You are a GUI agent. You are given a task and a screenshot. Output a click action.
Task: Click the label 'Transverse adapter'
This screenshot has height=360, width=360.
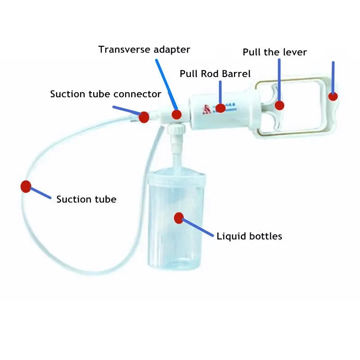(x=144, y=49)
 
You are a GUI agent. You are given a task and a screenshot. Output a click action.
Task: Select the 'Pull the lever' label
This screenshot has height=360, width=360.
(x=274, y=52)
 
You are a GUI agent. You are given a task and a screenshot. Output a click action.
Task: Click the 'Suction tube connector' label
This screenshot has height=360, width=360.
(x=105, y=94)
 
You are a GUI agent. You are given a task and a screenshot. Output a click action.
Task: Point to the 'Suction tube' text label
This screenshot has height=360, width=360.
(x=86, y=199)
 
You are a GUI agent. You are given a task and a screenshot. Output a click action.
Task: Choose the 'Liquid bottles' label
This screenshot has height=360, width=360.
(x=249, y=236)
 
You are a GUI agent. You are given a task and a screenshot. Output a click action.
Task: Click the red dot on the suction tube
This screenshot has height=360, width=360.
(x=26, y=186)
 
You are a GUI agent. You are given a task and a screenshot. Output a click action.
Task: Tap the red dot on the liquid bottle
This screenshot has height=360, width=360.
(x=179, y=218)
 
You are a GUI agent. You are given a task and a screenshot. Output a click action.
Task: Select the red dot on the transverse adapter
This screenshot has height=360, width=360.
(x=176, y=114)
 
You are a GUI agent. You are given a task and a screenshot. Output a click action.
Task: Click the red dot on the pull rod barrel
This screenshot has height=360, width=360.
(x=220, y=108)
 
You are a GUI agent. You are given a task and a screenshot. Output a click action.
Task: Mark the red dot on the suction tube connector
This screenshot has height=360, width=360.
(x=144, y=117)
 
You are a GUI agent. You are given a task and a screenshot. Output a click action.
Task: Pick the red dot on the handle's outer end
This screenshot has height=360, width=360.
(x=333, y=96)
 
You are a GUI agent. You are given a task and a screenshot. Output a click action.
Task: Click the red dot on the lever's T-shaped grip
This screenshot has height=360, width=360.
(x=279, y=105)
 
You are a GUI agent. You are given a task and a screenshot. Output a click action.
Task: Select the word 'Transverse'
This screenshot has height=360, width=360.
(x=121, y=49)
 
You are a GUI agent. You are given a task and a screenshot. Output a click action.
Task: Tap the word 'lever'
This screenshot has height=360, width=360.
(x=294, y=52)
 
